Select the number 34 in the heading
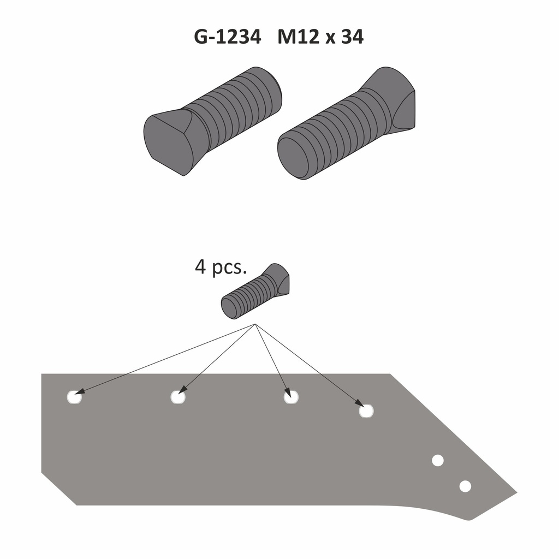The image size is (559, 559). [352, 37]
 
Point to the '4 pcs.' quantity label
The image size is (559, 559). [221, 267]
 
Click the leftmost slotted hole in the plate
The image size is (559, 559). [74, 397]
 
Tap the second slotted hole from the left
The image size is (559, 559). [178, 397]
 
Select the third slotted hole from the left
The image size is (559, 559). [292, 397]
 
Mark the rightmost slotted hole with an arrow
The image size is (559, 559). [366, 411]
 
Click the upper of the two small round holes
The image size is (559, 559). [437, 460]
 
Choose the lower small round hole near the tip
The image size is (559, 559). [465, 486]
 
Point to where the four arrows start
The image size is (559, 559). [255, 325]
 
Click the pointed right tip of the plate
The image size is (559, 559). [514, 493]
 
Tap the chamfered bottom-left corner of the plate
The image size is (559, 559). [58, 489]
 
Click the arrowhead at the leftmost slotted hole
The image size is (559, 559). [78, 392]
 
